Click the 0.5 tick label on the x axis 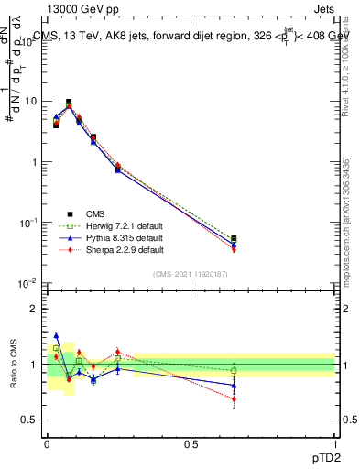pyautogui.click(x=190, y=443)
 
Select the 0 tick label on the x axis pyautogui.click(x=47, y=443)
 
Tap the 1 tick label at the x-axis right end pyautogui.click(x=334, y=443)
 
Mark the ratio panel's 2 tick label pyautogui.click(x=35, y=309)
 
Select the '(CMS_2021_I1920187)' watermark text pyautogui.click(x=191, y=273)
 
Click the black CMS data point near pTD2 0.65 pyautogui.click(x=234, y=239)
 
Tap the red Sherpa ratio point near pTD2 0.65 pyautogui.click(x=234, y=398)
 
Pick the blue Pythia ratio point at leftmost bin pyautogui.click(x=56, y=335)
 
